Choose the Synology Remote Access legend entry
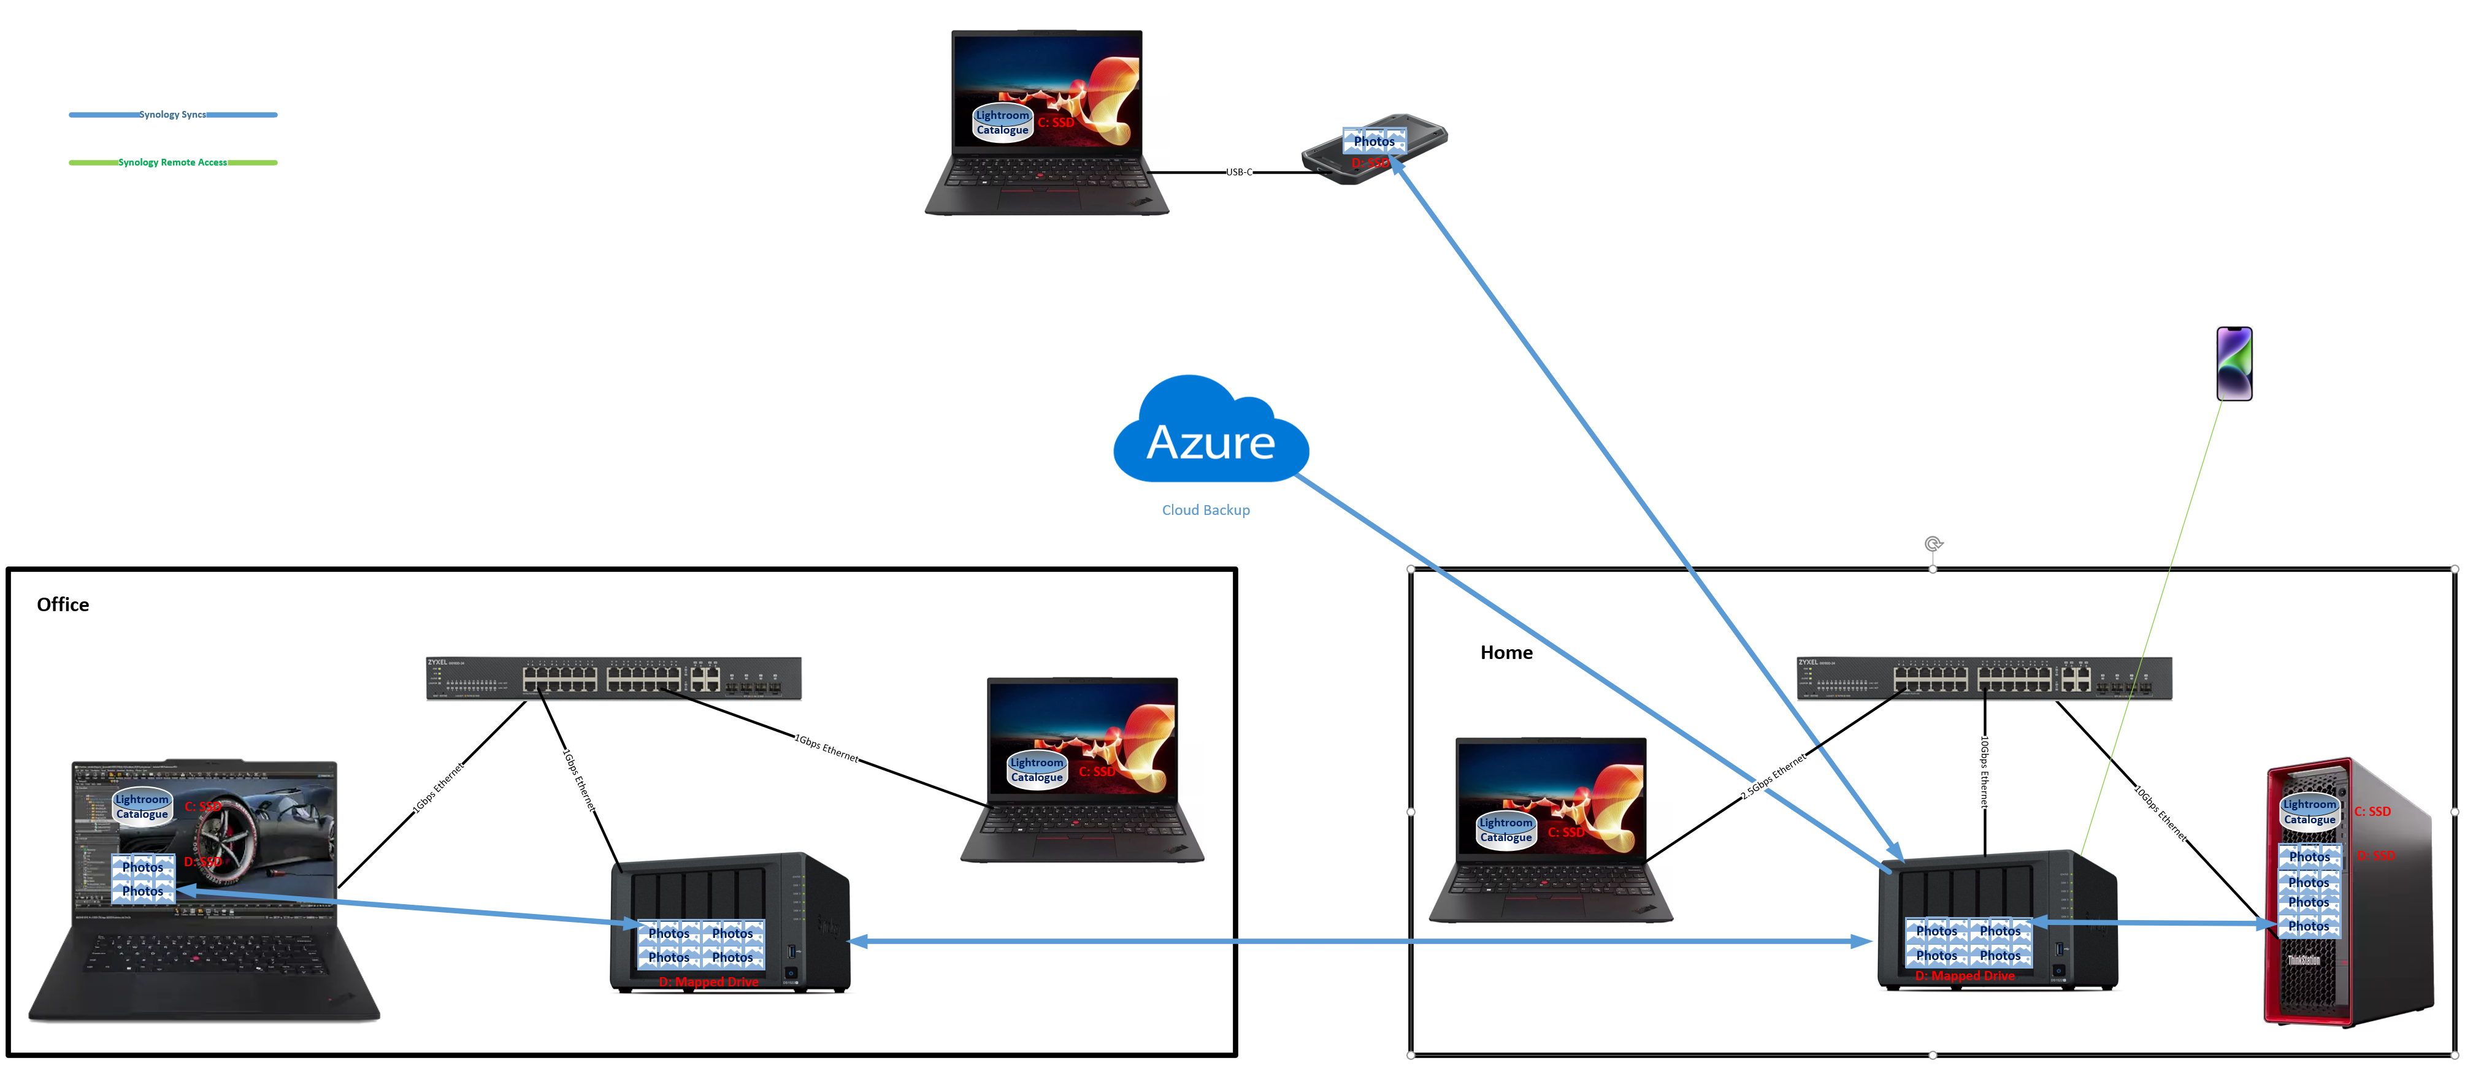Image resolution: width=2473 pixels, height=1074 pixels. [x=173, y=163]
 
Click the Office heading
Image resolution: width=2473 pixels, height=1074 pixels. [x=63, y=604]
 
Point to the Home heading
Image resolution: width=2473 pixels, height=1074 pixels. [x=1506, y=653]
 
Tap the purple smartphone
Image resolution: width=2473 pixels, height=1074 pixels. [x=2234, y=364]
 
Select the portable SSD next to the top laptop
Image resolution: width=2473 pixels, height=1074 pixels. [x=1374, y=150]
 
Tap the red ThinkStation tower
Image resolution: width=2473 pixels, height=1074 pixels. [x=2347, y=893]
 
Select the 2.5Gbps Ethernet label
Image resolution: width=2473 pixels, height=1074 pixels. [x=1774, y=775]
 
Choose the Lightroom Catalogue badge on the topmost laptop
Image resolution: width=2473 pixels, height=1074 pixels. [x=1002, y=123]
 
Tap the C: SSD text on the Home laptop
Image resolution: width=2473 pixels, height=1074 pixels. [x=1566, y=832]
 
